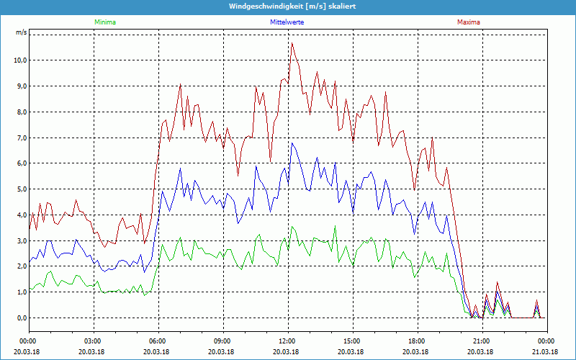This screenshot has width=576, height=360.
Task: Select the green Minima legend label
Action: (x=104, y=22)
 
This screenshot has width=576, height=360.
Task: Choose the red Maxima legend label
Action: (x=469, y=22)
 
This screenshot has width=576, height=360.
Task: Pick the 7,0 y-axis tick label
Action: (x=21, y=138)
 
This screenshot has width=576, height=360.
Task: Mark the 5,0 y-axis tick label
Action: (x=21, y=189)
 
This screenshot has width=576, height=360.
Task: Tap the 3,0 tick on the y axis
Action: (x=21, y=240)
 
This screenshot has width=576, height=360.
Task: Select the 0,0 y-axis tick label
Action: (x=21, y=318)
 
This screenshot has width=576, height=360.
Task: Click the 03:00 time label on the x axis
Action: (x=93, y=341)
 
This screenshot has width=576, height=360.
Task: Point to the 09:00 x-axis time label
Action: (x=222, y=341)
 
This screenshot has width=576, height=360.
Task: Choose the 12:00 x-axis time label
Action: (x=287, y=341)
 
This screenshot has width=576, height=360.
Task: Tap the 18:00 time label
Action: (x=416, y=341)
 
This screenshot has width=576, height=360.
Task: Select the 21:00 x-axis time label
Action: (x=481, y=341)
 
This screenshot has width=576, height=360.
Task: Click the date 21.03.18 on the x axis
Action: (x=545, y=351)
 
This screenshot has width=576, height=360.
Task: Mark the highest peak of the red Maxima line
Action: (x=292, y=43)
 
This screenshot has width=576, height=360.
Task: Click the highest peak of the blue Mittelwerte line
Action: (x=292, y=143)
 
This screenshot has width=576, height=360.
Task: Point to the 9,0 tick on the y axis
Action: (x=21, y=86)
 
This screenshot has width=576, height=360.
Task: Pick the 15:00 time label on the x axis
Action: (x=351, y=341)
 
